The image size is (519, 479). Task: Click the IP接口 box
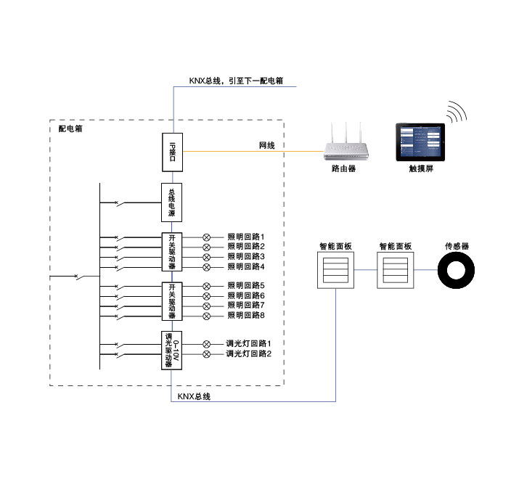point(172,151)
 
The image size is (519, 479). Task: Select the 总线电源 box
point(172,202)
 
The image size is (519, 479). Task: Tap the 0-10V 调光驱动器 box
point(172,350)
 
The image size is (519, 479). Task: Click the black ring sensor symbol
point(457,274)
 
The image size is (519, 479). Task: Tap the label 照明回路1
point(246,237)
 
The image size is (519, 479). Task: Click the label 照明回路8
point(246,316)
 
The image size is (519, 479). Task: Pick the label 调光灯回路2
point(248,354)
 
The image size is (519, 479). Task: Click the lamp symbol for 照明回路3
point(206,257)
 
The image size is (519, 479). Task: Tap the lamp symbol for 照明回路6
point(206,296)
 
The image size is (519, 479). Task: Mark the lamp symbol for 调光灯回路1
point(206,344)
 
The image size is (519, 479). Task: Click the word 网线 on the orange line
point(267,146)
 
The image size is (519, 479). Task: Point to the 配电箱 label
point(70,128)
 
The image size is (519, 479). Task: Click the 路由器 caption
point(343,169)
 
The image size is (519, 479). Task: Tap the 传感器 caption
point(457,247)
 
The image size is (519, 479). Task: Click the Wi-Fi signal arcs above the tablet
point(457,112)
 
